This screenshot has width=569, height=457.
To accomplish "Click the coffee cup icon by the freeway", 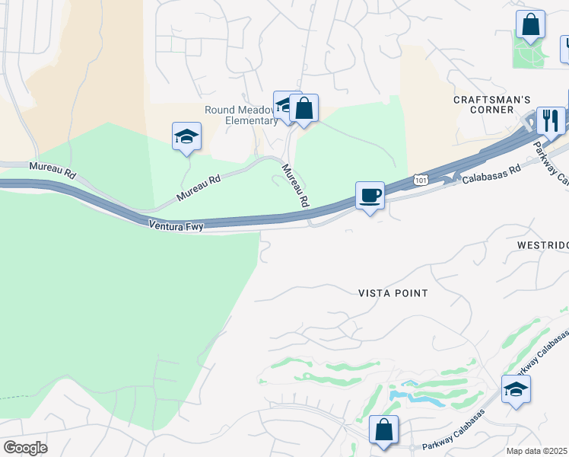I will click(x=370, y=196).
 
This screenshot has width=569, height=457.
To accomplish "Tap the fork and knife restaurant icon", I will click(x=550, y=120).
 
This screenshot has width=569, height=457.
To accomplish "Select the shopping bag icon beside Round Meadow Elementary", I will click(x=304, y=108).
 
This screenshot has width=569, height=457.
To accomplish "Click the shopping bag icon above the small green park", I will click(x=530, y=24).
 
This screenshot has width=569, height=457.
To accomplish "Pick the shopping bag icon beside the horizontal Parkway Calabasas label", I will click(x=384, y=430).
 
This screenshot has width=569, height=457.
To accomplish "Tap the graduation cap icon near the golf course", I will click(x=516, y=389).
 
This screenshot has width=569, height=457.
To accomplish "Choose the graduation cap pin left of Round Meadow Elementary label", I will click(x=186, y=137).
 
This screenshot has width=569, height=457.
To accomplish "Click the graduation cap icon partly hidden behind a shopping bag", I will click(x=283, y=104).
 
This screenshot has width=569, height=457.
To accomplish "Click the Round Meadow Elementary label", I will click(x=241, y=115).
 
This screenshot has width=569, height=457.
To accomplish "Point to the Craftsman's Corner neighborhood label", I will click(x=491, y=104).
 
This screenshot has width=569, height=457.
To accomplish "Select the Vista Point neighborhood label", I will click(x=393, y=293).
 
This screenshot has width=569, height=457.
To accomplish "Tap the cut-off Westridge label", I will click(x=542, y=246).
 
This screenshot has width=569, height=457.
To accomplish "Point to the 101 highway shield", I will click(x=421, y=179).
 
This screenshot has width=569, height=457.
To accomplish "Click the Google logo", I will click(x=25, y=447).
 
